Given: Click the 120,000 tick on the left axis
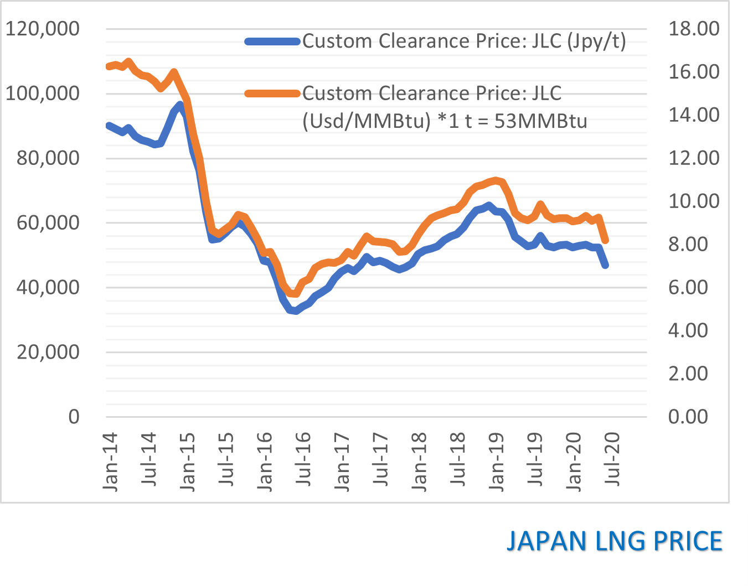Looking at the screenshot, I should (43, 29).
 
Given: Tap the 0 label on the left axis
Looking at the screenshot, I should (74, 417).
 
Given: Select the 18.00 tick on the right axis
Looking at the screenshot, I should (694, 29).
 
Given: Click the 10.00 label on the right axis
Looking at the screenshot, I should (694, 201).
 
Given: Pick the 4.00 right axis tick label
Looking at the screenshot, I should (688, 330).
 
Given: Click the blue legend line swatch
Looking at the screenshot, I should (272, 41).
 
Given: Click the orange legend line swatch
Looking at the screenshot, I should (272, 93).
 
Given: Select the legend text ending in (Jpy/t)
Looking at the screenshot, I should (464, 41).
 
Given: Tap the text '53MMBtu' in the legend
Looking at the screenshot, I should (540, 121).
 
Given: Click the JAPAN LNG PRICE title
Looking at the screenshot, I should (615, 541).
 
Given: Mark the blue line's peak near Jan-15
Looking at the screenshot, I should (180, 105).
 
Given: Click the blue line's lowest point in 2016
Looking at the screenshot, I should (297, 311).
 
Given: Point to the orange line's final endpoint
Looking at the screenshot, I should (606, 241).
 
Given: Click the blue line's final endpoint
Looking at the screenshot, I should (606, 266).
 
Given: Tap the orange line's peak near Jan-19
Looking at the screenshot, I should (496, 180).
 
